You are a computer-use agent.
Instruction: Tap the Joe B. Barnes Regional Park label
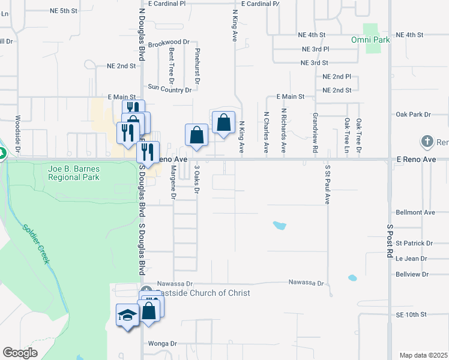point(74,173)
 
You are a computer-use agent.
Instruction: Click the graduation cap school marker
point(127,315)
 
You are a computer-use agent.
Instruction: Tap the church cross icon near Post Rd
point(427,142)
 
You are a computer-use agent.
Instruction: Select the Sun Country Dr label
point(169,89)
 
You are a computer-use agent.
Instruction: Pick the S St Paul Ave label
point(328,185)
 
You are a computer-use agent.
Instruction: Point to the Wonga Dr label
point(163,344)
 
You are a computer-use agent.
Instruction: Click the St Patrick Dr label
point(414,243)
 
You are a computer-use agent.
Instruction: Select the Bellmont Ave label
point(415,212)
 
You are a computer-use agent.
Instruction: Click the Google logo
point(20,353)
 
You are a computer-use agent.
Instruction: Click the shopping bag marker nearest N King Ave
point(223,123)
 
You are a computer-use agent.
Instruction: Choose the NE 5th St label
point(64,11)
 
